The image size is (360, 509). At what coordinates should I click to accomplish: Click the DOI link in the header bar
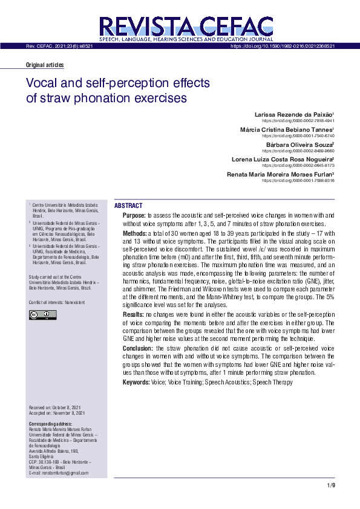tap(283, 46)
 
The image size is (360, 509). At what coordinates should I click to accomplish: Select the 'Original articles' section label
tap(45, 65)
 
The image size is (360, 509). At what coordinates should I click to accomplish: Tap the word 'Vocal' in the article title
tap(44, 83)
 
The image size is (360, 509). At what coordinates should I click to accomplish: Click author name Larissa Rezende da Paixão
tap(292, 114)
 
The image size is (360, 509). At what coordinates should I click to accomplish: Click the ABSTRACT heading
tap(128, 206)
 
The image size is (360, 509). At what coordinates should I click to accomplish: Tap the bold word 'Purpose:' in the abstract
tap(134, 215)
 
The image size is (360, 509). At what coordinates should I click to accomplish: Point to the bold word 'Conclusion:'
tap(138, 349)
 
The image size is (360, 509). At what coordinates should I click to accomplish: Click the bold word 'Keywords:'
tap(136, 382)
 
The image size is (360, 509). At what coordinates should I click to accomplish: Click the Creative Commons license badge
tap(42, 315)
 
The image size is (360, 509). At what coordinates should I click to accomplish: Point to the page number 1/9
tap(330, 485)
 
